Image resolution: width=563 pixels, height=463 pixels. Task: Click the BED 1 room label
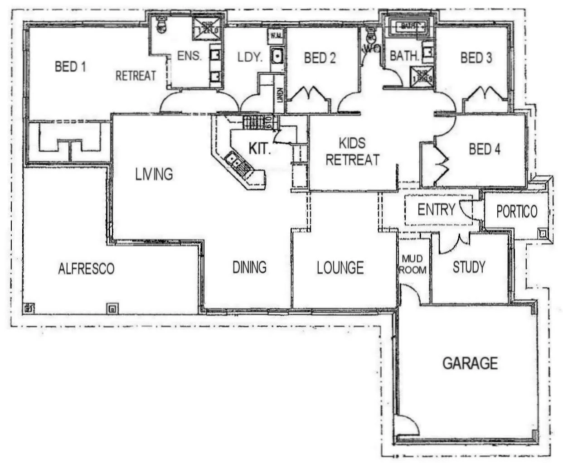pyautogui.click(x=70, y=67)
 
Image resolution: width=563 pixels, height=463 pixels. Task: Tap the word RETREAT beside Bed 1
pyautogui.click(x=136, y=76)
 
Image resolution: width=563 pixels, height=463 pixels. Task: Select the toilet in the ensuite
pyautogui.click(x=160, y=25)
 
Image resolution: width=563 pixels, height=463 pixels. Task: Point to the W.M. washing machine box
pyautogui.click(x=275, y=35)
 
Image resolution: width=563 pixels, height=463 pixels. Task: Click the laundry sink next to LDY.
pyautogui.click(x=277, y=56)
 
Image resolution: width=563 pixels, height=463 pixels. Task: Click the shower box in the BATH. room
pyautogui.click(x=422, y=76)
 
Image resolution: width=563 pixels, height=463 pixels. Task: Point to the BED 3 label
pyautogui.click(x=476, y=58)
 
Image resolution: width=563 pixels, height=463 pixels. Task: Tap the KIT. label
pyautogui.click(x=260, y=149)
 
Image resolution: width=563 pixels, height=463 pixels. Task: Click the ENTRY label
pyautogui.click(x=436, y=210)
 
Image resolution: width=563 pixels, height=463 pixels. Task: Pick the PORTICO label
pyautogui.click(x=517, y=212)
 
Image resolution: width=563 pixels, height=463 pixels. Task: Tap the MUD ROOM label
pyautogui.click(x=413, y=264)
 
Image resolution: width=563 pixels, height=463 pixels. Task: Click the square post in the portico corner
pyautogui.click(x=543, y=233)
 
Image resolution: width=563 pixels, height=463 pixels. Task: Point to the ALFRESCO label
pyautogui.click(x=86, y=269)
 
